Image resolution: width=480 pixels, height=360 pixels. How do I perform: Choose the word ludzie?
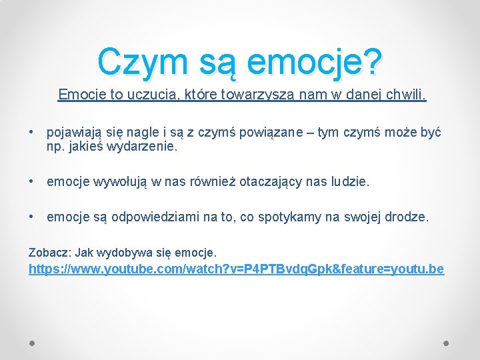[349, 181]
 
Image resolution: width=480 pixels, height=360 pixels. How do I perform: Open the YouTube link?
[236, 269]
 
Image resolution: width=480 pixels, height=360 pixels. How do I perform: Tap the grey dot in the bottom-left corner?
[32, 343]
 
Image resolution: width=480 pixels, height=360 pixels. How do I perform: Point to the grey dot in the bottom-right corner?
[446, 343]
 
